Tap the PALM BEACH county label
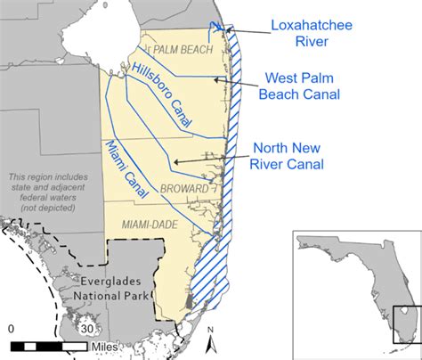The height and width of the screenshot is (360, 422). coord(184,50)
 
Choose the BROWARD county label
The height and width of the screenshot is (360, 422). coord(185,189)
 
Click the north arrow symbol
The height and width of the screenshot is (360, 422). coord(210,338)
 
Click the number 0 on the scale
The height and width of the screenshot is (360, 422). coord(11,329)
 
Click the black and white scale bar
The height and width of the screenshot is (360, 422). coord(50,344)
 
